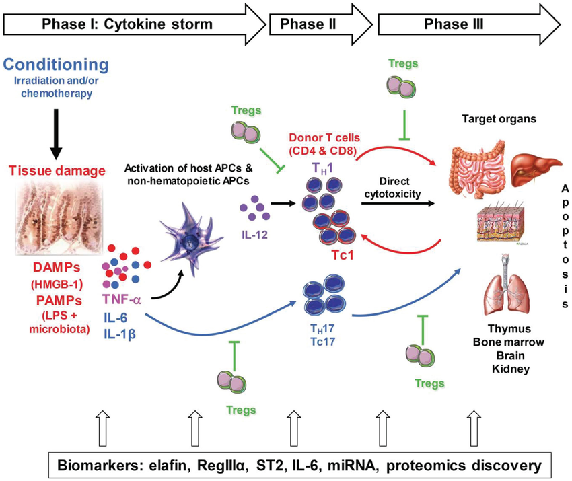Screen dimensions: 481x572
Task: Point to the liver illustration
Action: pos(535,165)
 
